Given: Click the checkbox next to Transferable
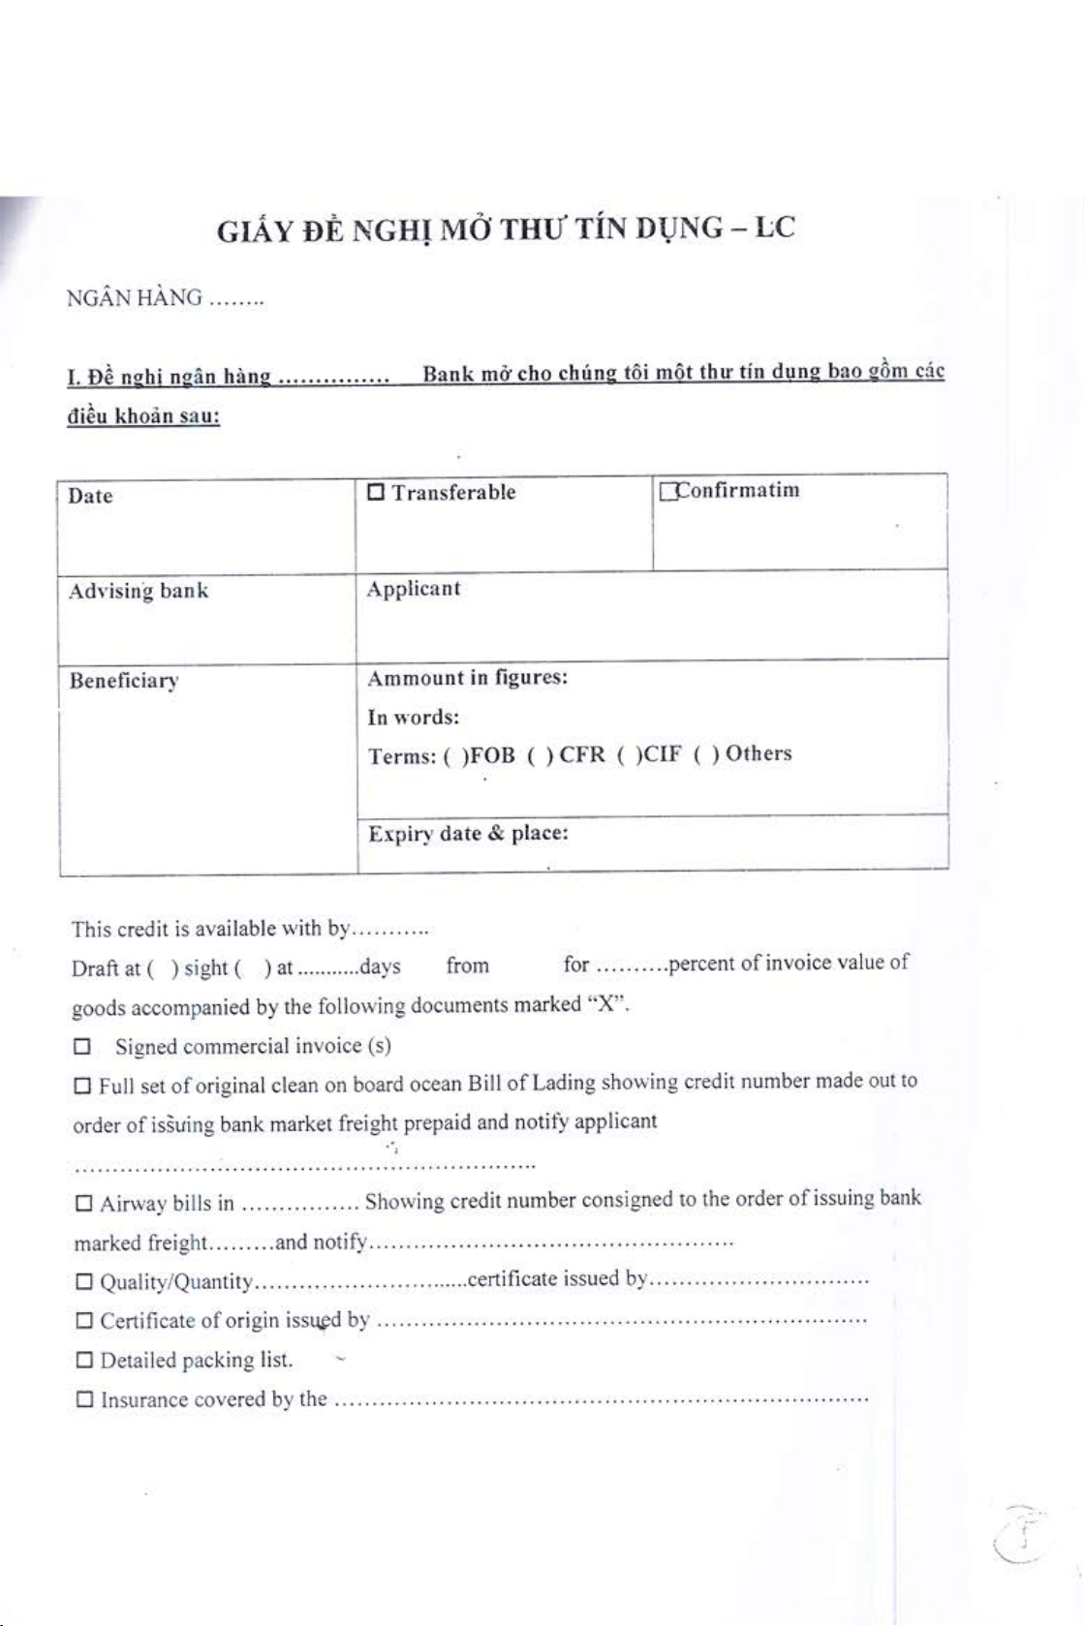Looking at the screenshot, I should click(376, 492).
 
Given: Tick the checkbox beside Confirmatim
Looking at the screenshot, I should click(666, 492).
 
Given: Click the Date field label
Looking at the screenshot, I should click(90, 496).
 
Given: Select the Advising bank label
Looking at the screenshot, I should click(138, 591).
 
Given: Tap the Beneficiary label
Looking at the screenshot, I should click(124, 681).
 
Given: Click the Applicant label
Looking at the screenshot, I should click(414, 589).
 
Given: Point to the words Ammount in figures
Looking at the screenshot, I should click(467, 678).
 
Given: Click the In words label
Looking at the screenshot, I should click(413, 718).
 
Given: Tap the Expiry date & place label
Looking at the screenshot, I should click(468, 834).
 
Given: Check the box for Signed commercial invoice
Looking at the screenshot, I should click(82, 1047).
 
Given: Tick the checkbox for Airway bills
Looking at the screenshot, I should click(84, 1204).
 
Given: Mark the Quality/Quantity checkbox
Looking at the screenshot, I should click(84, 1282).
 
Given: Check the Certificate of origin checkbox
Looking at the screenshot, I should click(84, 1321).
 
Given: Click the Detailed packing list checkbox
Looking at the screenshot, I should click(84, 1361).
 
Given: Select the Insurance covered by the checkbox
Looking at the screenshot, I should click(84, 1399).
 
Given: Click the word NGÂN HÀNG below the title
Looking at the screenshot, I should click(135, 297).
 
